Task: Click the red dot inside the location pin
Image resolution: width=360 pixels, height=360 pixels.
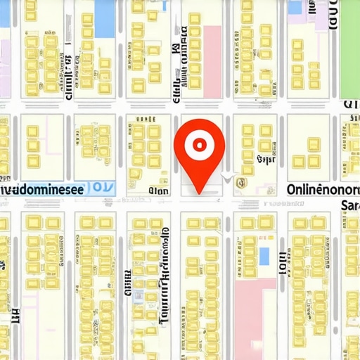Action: (200, 145)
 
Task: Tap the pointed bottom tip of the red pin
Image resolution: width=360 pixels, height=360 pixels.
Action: (200, 191)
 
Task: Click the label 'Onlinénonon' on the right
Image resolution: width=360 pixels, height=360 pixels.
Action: (323, 189)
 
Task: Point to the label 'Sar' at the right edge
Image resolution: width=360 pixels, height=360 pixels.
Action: (349, 205)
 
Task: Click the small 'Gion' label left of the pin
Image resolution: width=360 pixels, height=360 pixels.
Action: (159, 190)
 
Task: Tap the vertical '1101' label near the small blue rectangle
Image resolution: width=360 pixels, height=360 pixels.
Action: (282, 262)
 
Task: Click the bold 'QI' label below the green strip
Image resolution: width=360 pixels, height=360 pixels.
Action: (350, 105)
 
